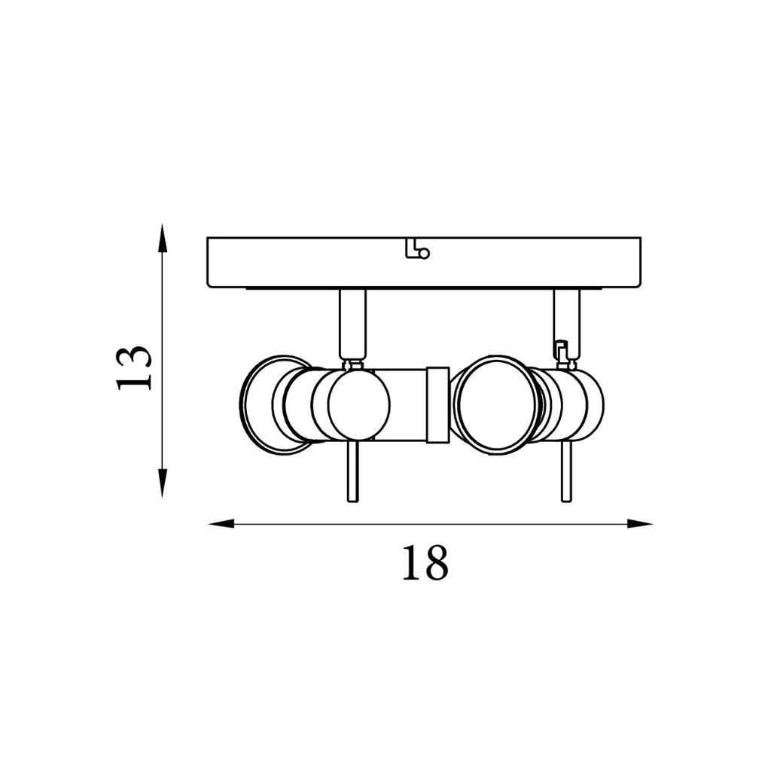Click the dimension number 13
[x=133, y=367]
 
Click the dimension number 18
[x=425, y=562]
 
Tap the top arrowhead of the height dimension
[x=162, y=239]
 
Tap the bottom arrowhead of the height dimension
[x=162, y=483]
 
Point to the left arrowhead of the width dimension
[x=223, y=524]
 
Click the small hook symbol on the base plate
[x=417, y=249]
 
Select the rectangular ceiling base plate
[x=424, y=262]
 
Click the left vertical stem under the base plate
[x=352, y=324]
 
